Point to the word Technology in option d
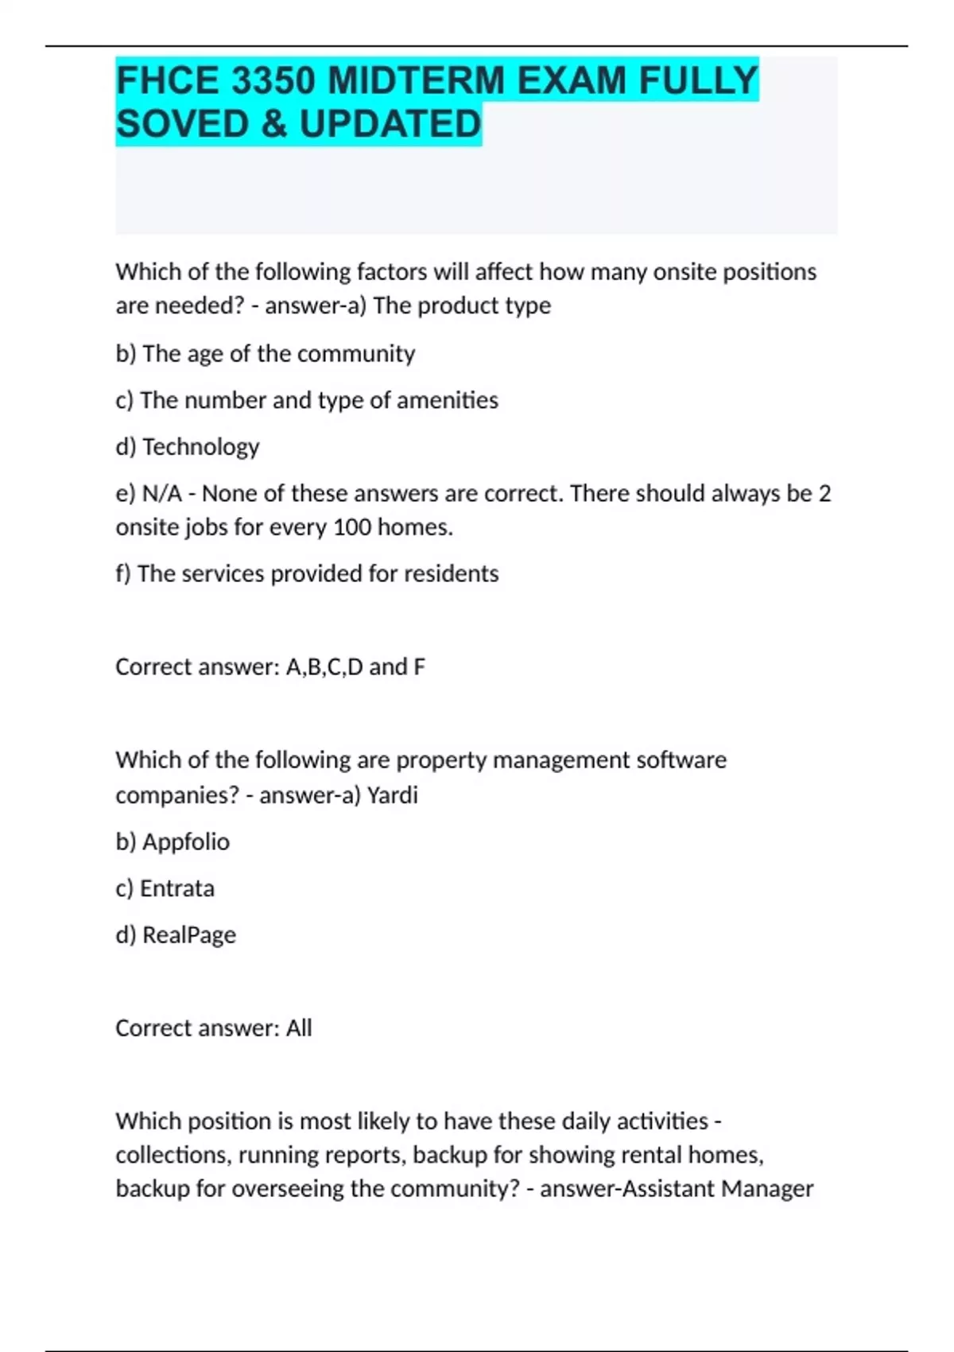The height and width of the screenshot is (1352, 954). tap(201, 447)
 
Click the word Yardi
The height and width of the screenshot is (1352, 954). tap(392, 794)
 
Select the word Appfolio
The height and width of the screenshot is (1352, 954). tap(186, 841)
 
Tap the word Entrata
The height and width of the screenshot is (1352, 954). tap(177, 888)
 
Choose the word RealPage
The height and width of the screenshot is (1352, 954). tap(189, 935)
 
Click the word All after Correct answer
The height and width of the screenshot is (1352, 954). tap(299, 1028)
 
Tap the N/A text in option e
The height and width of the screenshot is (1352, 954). tap(161, 494)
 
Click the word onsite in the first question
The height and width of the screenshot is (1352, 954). tap(684, 272)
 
